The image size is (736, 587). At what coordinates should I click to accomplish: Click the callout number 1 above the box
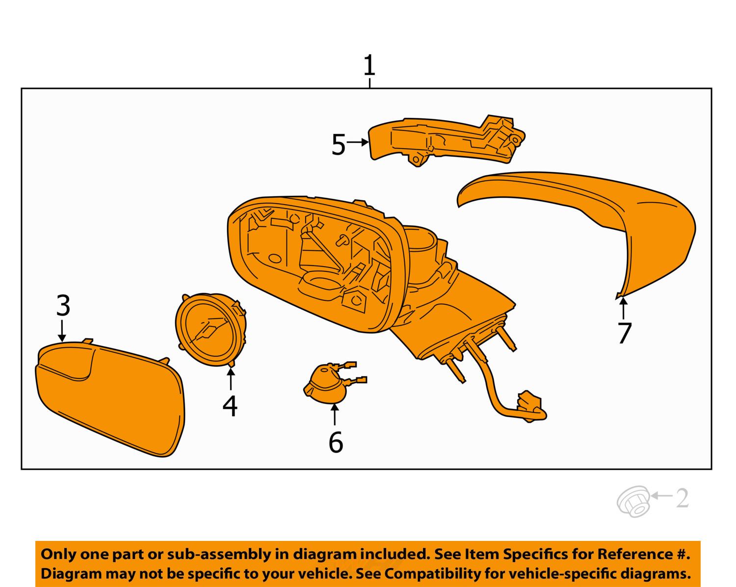tap(369, 66)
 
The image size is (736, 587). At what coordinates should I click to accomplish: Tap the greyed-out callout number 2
tap(682, 499)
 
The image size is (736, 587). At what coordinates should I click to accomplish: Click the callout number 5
tap(339, 145)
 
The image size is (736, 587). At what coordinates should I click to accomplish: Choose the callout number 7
tap(624, 334)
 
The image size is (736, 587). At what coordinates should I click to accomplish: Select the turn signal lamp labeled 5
tap(442, 140)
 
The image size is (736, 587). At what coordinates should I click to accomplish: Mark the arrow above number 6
tap(335, 415)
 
